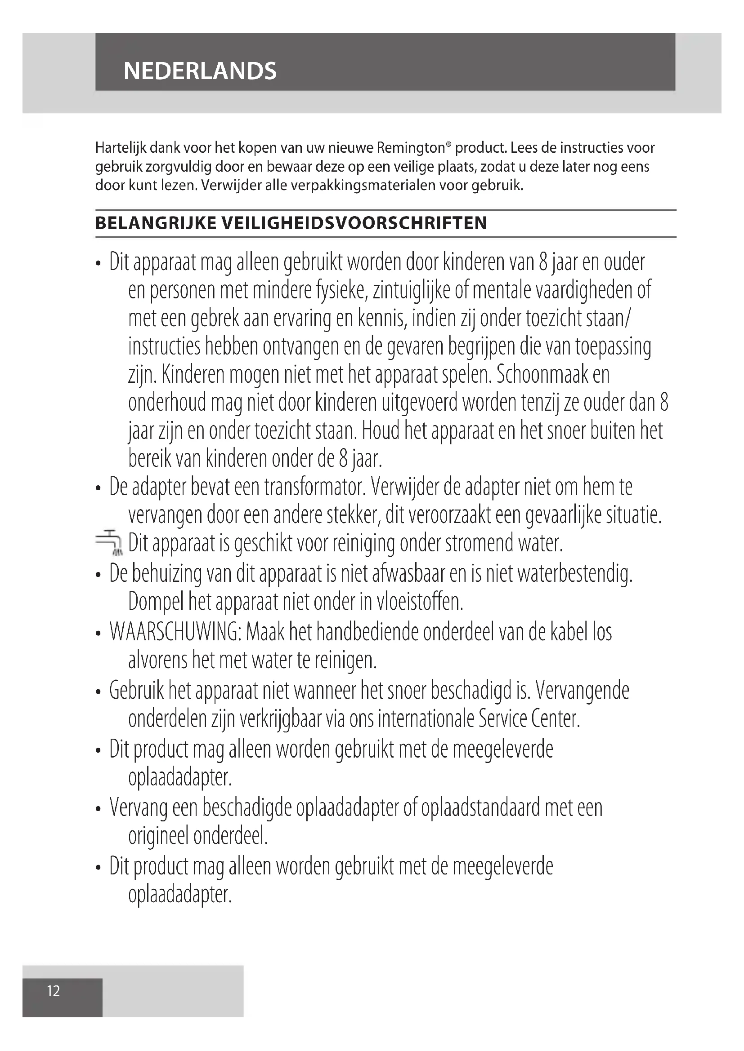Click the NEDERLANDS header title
coord(200,71)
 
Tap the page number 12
coord(54,991)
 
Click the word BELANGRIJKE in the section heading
coord(156,223)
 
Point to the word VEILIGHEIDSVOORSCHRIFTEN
coord(354,223)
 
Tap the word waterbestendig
coord(574,573)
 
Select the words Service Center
coord(529,719)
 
